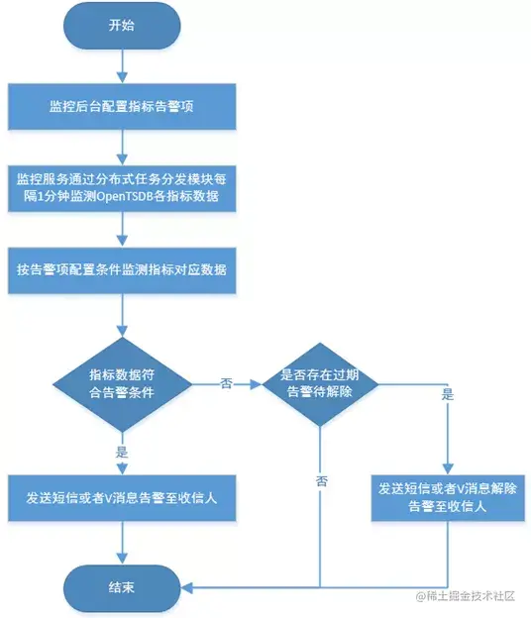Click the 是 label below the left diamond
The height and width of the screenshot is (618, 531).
123,451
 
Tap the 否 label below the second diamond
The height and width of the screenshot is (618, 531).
321,480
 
